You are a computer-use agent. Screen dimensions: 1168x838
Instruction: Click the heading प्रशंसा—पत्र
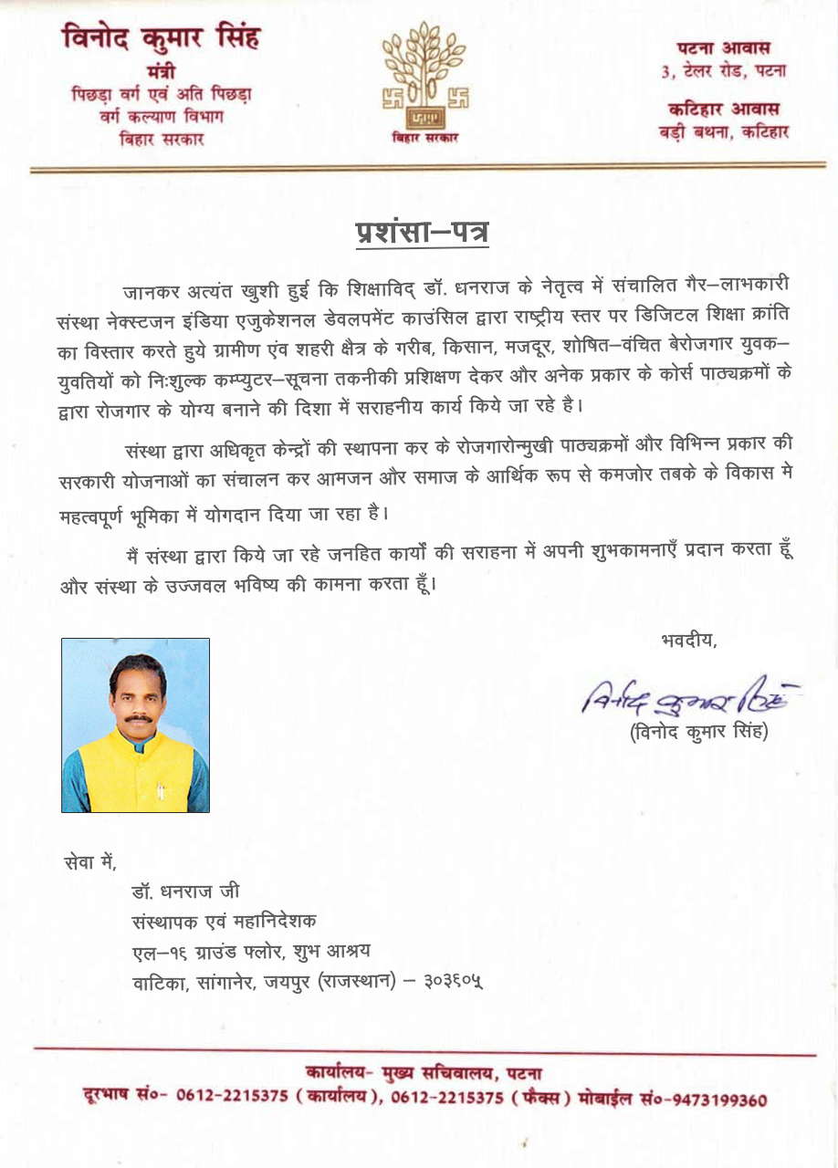[x=421, y=232]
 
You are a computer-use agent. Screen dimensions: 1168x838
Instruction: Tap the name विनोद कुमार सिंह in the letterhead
[x=161, y=39]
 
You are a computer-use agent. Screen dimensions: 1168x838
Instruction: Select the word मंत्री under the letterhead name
[x=161, y=72]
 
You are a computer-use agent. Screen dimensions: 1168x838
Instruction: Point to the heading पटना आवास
[x=724, y=47]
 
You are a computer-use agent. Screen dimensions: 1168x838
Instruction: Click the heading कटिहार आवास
[x=724, y=109]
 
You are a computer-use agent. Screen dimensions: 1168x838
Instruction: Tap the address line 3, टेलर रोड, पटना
[x=724, y=70]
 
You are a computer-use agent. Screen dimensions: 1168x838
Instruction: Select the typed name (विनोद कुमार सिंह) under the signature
[x=698, y=732]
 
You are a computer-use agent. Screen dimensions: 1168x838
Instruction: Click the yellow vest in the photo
[x=137, y=771]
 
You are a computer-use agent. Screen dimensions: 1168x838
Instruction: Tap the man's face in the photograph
[x=137, y=695]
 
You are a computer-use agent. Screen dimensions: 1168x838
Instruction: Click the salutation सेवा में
[x=91, y=860]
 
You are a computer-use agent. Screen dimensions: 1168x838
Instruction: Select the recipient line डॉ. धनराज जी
[x=185, y=891]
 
